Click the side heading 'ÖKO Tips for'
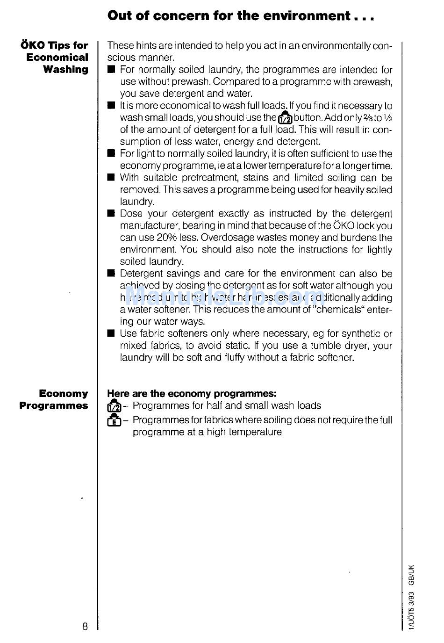(x=54, y=45)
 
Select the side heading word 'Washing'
(x=65, y=69)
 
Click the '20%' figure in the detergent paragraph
(x=167, y=238)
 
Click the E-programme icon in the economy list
(x=114, y=420)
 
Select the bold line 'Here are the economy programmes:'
(x=192, y=393)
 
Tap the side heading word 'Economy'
(x=63, y=393)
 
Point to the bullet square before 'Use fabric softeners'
(x=111, y=333)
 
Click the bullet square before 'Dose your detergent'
(x=111, y=214)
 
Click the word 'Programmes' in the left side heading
(x=53, y=405)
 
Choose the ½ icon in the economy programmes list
(x=114, y=405)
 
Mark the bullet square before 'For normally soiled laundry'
(x=111, y=70)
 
